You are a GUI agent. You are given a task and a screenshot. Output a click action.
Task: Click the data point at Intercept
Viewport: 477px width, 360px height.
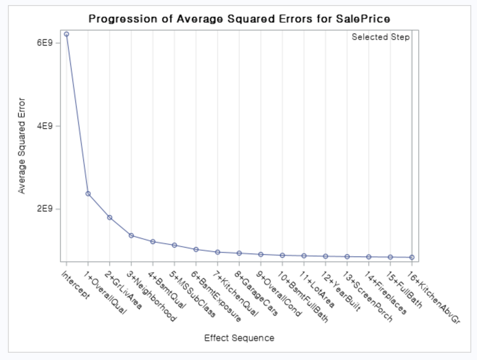click(x=66, y=34)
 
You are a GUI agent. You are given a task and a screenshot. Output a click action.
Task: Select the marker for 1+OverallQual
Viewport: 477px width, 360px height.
click(x=88, y=194)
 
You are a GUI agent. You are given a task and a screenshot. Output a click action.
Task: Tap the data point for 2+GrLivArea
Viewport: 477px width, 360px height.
click(x=109, y=218)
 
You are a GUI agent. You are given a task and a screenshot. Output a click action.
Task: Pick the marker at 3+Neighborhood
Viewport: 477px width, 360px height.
click(x=131, y=235)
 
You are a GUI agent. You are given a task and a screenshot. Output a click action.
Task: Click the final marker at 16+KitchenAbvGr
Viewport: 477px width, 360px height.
click(x=412, y=257)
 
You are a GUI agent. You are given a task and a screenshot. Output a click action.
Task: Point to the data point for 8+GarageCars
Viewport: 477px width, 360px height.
click(x=239, y=253)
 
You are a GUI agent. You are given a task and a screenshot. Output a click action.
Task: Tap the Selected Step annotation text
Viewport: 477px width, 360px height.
click(x=380, y=37)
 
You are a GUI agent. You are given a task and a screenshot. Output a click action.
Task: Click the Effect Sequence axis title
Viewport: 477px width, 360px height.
click(x=239, y=338)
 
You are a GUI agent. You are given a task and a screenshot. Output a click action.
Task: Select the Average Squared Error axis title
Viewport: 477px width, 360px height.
click(x=22, y=146)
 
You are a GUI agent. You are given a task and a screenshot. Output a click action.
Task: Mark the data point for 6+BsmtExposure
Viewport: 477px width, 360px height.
click(x=196, y=249)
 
